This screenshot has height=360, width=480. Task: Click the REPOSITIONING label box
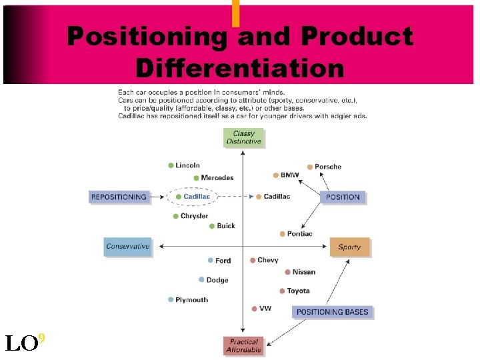[118, 197]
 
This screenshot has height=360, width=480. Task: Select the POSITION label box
[343, 197]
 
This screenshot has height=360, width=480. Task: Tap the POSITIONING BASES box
[331, 311]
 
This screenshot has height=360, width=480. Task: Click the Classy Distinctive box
[243, 137]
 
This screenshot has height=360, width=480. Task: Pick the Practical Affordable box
[243, 345]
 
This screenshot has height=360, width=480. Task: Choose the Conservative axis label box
[127, 247]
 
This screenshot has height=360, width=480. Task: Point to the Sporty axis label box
[349, 247]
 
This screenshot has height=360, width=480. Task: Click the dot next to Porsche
[309, 167]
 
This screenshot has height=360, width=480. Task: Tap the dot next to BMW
[276, 175]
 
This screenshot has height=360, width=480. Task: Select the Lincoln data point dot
[171, 165]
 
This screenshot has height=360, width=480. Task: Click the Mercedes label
[217, 178]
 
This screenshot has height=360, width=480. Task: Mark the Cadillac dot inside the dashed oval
[179, 197]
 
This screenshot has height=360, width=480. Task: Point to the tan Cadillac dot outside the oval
[259, 197]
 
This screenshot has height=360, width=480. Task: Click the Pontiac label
[299, 234]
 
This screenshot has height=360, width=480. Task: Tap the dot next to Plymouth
[171, 300]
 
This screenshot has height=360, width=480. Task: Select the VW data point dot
[255, 308]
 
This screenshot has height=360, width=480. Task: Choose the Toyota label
[298, 291]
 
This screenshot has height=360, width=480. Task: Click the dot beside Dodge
[201, 280]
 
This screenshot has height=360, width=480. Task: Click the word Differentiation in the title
[239, 68]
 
